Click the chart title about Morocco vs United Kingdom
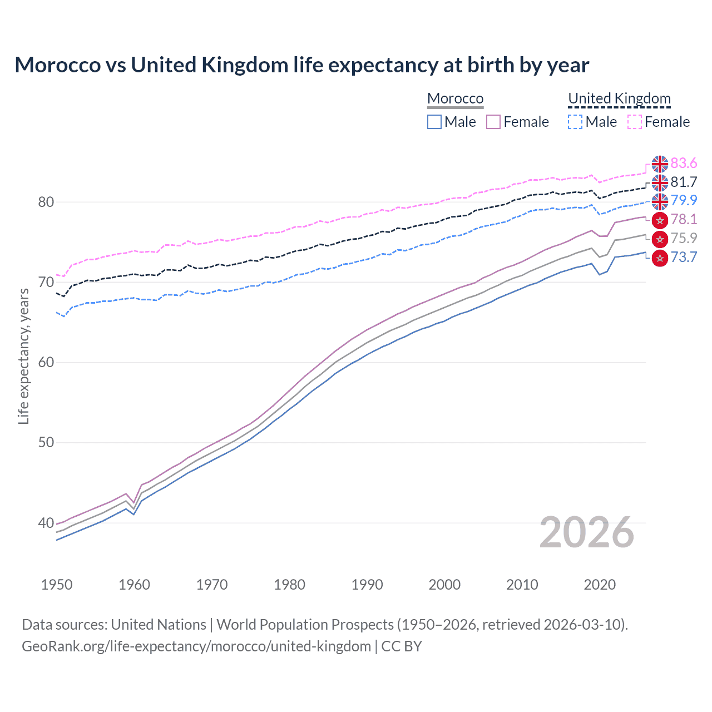[301, 65]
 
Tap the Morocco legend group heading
[455, 98]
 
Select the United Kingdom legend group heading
[619, 98]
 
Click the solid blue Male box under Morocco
[434, 122]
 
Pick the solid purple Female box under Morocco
[493, 122]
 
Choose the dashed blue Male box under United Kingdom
[575, 122]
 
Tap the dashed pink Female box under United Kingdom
[635, 122]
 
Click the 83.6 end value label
[684, 163]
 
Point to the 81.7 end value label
[684, 182]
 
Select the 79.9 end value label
[684, 200]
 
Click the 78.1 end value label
[684, 219]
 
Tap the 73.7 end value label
[684, 257]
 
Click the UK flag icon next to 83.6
[660, 164]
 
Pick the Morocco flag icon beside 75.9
[660, 239]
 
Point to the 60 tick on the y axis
[46, 363]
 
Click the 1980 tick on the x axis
[289, 585]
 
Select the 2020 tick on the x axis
[600, 585]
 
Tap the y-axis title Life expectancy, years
[23, 356]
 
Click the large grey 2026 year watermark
[586, 532]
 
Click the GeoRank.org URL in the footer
[196, 646]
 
